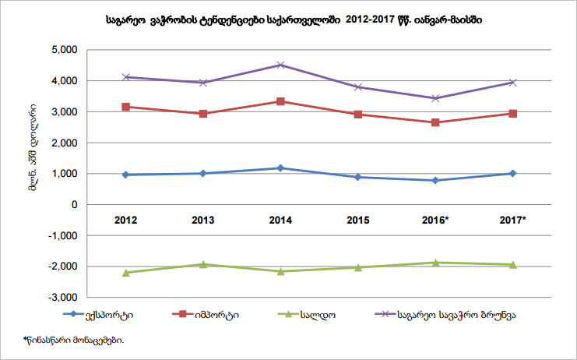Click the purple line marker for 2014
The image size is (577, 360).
click(x=280, y=65)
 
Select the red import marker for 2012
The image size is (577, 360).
click(x=126, y=107)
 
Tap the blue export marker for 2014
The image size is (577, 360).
click(x=280, y=168)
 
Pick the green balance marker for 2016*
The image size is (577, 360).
click(x=435, y=263)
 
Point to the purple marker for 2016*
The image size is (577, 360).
click(x=435, y=98)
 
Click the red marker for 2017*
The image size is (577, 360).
click(x=512, y=114)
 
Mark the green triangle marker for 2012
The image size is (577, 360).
click(x=126, y=273)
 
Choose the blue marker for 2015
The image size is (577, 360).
click(x=357, y=177)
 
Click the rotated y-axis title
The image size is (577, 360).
click(x=34, y=150)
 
